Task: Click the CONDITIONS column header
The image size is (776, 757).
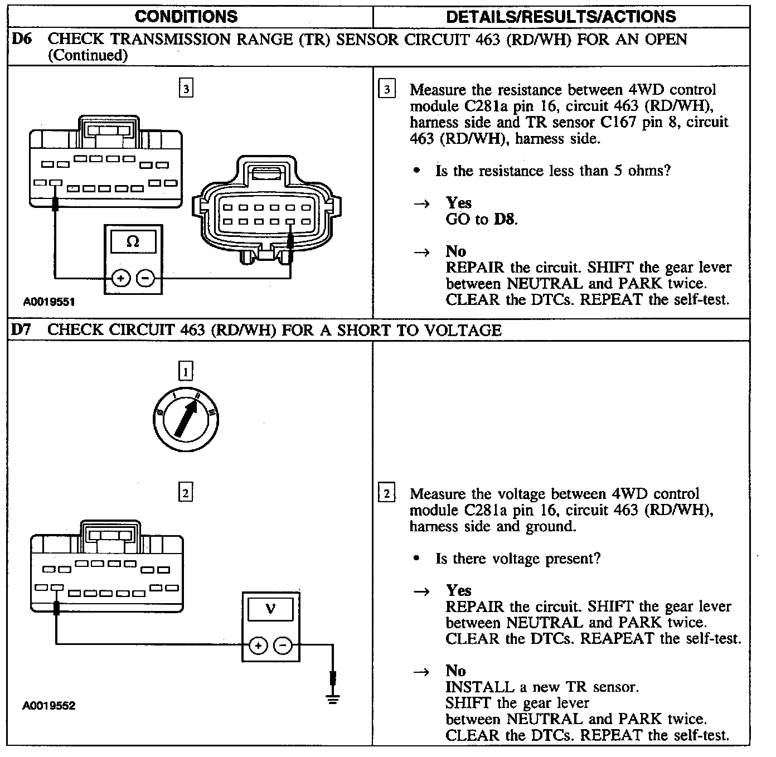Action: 186,16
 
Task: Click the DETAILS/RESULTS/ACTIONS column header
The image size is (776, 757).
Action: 561,16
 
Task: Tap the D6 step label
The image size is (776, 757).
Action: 21,40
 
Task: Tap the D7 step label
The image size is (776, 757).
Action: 21,330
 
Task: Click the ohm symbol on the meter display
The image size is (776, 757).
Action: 133,242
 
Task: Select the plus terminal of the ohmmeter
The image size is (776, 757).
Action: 120,277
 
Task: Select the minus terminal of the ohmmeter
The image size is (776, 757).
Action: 145,277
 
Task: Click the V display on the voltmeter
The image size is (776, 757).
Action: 270,609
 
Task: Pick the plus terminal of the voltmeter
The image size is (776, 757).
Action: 258,646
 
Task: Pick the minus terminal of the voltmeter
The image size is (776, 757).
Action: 283,646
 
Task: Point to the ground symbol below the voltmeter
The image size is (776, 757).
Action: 333,699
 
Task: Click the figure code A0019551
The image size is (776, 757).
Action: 49,302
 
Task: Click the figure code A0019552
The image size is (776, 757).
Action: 49,706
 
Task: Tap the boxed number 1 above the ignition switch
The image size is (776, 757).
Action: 185,371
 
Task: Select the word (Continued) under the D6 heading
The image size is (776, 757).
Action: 88,55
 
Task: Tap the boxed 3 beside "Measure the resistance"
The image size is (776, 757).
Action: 386,89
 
